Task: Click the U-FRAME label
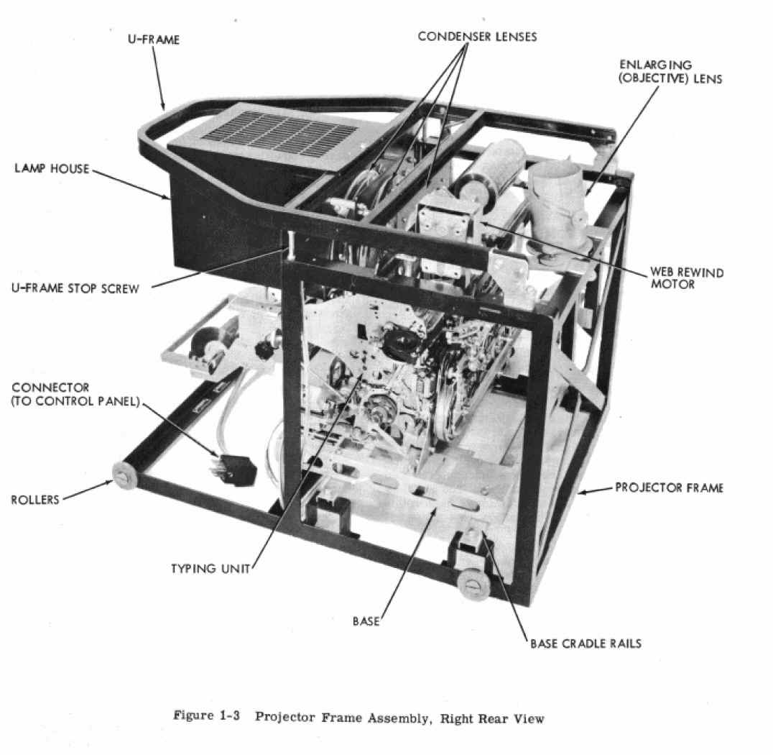(x=153, y=40)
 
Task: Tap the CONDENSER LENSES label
(x=477, y=37)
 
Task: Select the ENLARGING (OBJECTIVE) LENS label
(x=670, y=72)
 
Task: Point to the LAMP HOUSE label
(x=52, y=169)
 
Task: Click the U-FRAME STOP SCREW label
(x=75, y=288)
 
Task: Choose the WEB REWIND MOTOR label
(x=687, y=278)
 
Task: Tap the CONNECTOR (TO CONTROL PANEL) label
(x=75, y=394)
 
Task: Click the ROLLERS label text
(x=35, y=500)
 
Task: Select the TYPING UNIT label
(x=210, y=569)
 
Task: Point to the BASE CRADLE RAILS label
(x=585, y=644)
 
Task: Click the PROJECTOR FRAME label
(x=669, y=488)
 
